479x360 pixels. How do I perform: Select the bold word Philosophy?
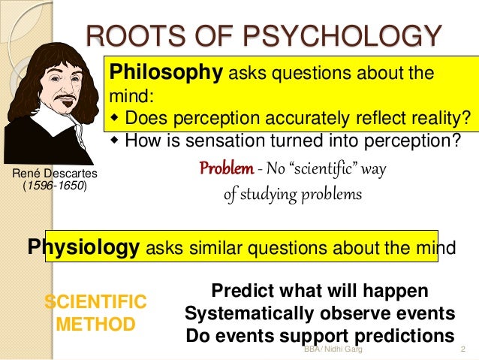pos(166,73)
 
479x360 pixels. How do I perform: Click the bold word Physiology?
pos(83,247)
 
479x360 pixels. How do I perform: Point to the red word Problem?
pos(227,168)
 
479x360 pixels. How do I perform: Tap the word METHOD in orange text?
pos(95,324)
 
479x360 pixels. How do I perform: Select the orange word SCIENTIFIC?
pos(95,301)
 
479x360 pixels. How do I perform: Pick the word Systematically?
pos(249,313)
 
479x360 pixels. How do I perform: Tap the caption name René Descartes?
pos(55,174)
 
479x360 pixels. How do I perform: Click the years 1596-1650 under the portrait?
pos(56,186)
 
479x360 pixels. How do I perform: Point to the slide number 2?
pos(463,349)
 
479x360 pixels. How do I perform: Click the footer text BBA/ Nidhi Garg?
pos(333,349)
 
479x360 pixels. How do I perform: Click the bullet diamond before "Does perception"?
pos(114,117)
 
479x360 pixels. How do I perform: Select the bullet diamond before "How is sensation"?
pos(114,140)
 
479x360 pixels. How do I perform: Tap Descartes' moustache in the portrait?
pos(65,97)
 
